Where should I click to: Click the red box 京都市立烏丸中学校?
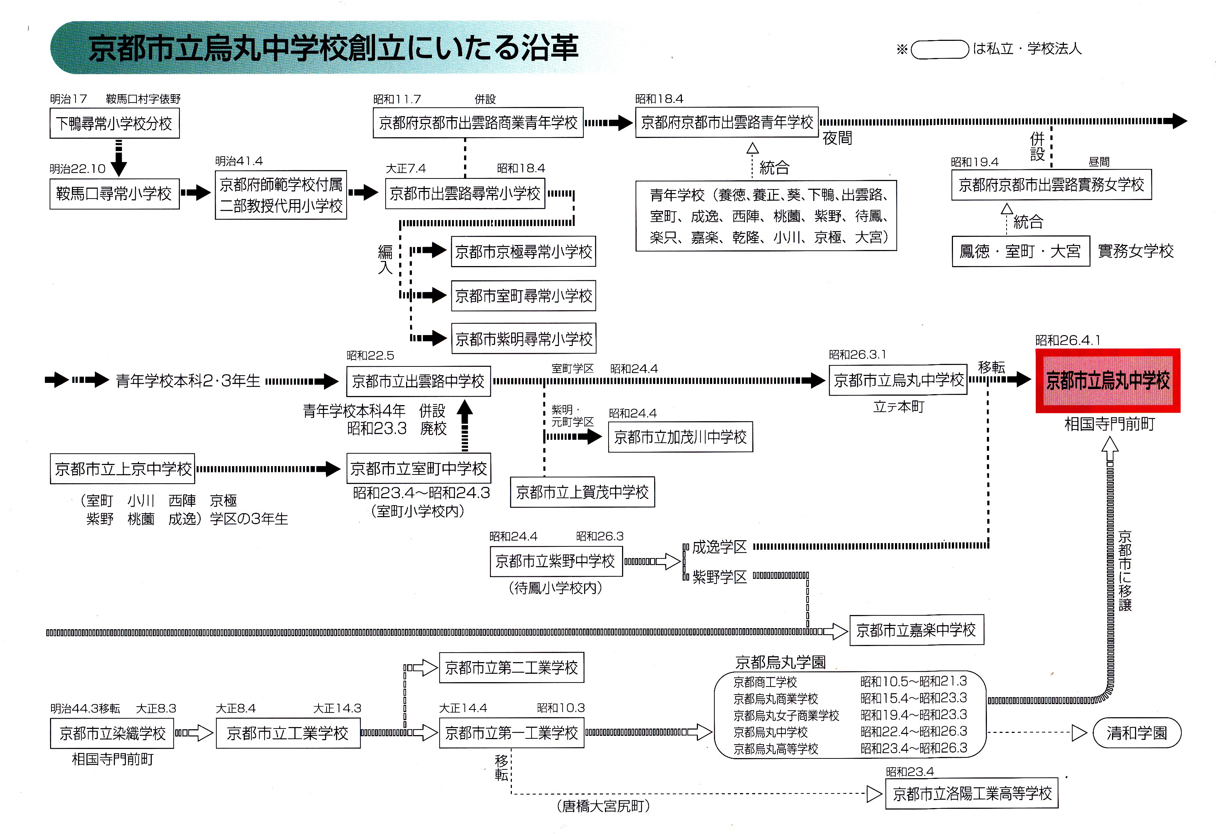pyautogui.click(x=1107, y=381)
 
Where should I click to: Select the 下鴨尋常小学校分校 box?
pyautogui.click(x=115, y=124)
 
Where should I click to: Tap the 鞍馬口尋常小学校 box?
pyautogui.click(x=115, y=194)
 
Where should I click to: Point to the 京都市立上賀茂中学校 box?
pyautogui.click(x=582, y=492)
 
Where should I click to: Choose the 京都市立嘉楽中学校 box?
pyautogui.click(x=916, y=630)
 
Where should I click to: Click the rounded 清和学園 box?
pyautogui.click(x=1136, y=733)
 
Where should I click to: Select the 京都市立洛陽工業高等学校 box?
pyautogui.click(x=972, y=794)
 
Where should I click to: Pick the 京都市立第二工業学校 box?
pyautogui.click(x=511, y=668)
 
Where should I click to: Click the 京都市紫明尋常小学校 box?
pyautogui.click(x=523, y=339)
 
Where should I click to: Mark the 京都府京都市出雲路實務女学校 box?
pyautogui.click(x=1051, y=185)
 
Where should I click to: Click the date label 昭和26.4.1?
pyautogui.click(x=1068, y=340)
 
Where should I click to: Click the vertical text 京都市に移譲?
pyautogui.click(x=1124, y=570)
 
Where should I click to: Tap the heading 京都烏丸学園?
pyautogui.click(x=780, y=663)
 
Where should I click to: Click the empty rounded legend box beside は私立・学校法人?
pyautogui.click(x=940, y=50)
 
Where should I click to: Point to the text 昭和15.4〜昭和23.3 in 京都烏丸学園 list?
pyautogui.click(x=914, y=698)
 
